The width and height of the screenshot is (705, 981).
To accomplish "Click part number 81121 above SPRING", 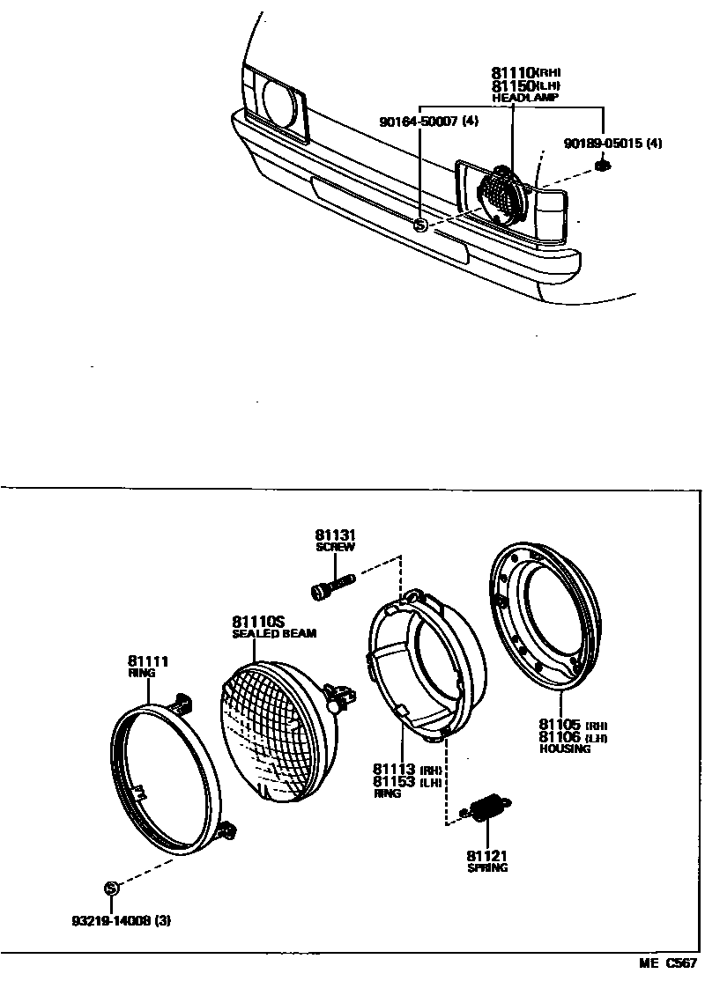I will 487,855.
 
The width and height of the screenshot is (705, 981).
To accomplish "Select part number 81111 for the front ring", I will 147,660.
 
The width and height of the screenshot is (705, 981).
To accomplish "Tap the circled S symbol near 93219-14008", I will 111,888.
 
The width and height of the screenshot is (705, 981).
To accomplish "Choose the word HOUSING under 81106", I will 564,749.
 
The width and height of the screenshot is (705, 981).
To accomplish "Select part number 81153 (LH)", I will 394,781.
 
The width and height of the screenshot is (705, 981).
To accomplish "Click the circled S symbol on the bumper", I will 420,225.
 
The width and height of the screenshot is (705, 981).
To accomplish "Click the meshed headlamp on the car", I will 500,195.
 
